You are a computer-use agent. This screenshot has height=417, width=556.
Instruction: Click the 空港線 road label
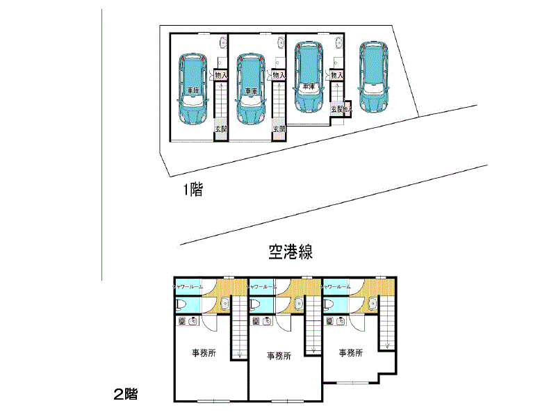pyautogui.click(x=290, y=252)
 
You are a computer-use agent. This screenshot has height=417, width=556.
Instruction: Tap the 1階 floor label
pyautogui.click(x=193, y=190)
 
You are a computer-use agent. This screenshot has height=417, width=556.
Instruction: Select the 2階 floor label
pyautogui.click(x=125, y=395)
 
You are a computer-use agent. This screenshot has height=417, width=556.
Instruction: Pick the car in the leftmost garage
pyautogui.click(x=194, y=88)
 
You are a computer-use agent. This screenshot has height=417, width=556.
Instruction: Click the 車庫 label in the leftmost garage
pyautogui.click(x=194, y=91)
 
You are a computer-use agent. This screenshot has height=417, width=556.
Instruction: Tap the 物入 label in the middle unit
pyautogui.click(x=279, y=76)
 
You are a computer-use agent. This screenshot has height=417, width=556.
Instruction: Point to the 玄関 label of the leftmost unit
pyautogui.click(x=220, y=129)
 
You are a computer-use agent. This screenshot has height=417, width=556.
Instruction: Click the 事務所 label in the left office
pyautogui.click(x=204, y=353)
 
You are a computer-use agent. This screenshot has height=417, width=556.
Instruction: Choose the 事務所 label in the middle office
pyautogui.click(x=279, y=355)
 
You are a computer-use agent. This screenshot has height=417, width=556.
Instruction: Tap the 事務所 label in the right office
pyautogui.click(x=351, y=353)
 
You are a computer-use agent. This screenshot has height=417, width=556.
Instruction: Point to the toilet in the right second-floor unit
pyautogui.click(x=329, y=305)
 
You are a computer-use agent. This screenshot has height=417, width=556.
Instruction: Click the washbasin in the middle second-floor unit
pyautogui.click(x=299, y=304)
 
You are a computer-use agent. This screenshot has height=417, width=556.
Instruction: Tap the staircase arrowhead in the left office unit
pyautogui.click(x=240, y=356)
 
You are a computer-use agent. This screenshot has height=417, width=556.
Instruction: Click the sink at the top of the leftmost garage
pyautogui.click(x=222, y=41)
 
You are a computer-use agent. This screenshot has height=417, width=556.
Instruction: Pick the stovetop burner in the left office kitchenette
pyautogui.click(x=183, y=321)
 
